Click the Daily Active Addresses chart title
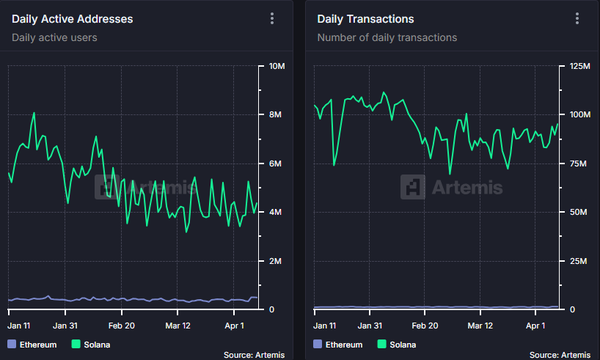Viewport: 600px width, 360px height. click(x=72, y=19)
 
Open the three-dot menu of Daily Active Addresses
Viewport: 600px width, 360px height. click(x=272, y=19)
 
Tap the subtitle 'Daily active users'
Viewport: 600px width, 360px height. click(x=54, y=37)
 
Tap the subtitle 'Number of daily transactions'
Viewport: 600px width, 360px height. click(x=387, y=37)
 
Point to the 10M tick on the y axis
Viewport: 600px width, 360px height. click(x=277, y=67)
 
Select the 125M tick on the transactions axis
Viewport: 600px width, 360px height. click(x=579, y=67)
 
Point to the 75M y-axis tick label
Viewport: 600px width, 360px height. click(x=578, y=164)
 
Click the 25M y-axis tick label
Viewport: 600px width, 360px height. click(x=578, y=261)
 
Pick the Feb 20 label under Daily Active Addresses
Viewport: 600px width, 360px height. click(x=122, y=325)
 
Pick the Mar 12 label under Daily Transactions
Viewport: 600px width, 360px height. click(x=480, y=325)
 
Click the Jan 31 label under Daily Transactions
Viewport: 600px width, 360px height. click(x=368, y=325)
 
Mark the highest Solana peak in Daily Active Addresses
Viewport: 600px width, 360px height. click(x=34, y=113)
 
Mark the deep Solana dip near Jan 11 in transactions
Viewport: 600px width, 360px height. click(x=334, y=164)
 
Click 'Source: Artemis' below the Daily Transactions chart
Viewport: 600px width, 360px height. click(x=561, y=355)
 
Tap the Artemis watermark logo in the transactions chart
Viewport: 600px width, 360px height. click(x=413, y=187)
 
